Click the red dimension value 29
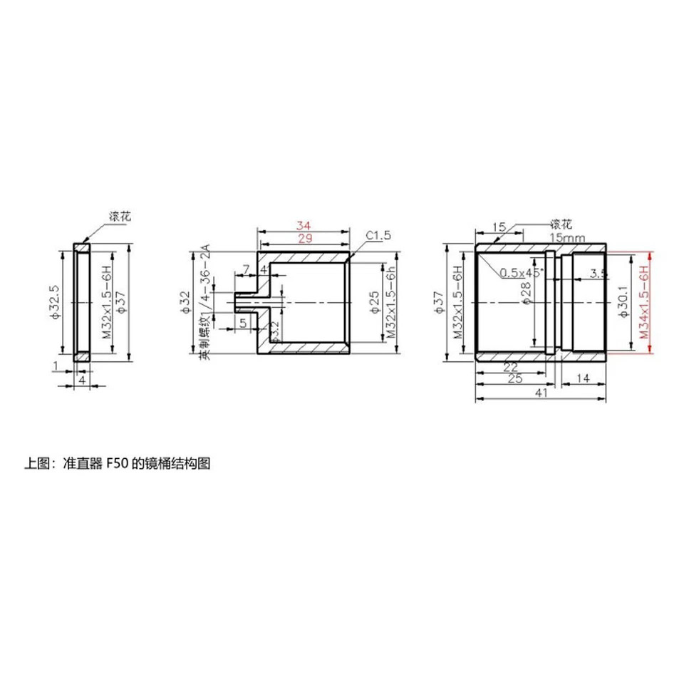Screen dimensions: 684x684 (x=305, y=239)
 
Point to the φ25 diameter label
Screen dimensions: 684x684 (x=375, y=303)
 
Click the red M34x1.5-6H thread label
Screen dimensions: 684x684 (x=643, y=303)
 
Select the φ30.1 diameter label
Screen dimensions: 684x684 (x=621, y=303)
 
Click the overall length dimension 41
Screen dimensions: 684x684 (x=541, y=393)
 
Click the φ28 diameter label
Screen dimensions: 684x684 (x=526, y=294)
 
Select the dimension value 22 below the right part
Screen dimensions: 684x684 (x=509, y=367)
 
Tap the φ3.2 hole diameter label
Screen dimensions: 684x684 (x=274, y=330)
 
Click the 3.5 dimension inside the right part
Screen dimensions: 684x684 (x=598, y=273)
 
